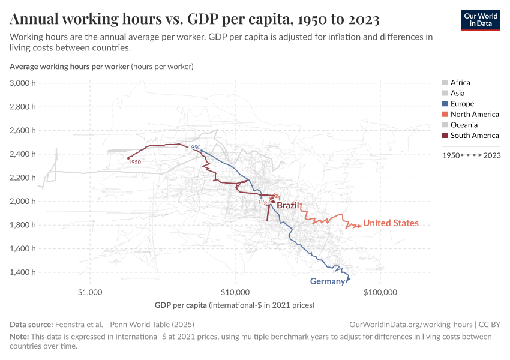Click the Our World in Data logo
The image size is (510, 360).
coord(480,19)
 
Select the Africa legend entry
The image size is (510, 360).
coord(460,83)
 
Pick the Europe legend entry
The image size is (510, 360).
coord(462,104)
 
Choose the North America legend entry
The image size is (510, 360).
coord(474,115)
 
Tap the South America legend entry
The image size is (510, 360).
coord(474,136)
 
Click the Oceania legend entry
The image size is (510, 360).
coord(464,125)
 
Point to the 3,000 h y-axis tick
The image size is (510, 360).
coord(23,83)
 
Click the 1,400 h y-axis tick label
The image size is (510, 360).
coord(23,272)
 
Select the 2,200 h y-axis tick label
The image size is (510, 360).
coord(23,178)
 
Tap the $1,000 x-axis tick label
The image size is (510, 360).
coord(90,293)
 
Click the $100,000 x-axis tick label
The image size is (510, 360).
coord(380,293)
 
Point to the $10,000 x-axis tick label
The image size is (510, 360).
coord(235,293)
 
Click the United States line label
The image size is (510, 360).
coord(391,223)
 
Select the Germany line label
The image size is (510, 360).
coord(327,281)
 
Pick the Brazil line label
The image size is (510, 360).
coord(288,205)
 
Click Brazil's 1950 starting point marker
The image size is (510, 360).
coord(129,158)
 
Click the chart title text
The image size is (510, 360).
coord(194,20)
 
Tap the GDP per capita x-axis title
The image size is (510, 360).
coord(234,305)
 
